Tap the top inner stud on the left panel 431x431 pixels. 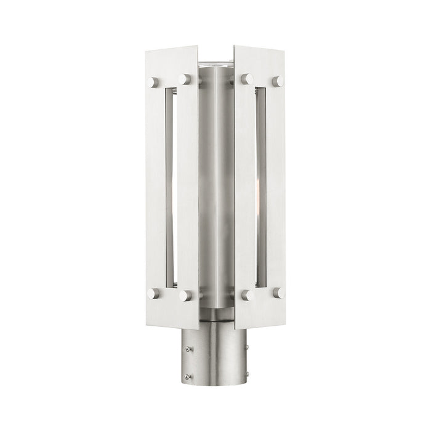coord(184,79)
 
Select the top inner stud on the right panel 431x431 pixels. coord(247,79)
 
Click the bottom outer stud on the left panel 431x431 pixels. coord(152,294)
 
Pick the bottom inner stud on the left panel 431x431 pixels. coord(184,296)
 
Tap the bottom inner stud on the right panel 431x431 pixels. coord(247,296)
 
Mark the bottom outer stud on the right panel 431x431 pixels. coord(279,294)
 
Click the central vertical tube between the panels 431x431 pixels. coord(216,185)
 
